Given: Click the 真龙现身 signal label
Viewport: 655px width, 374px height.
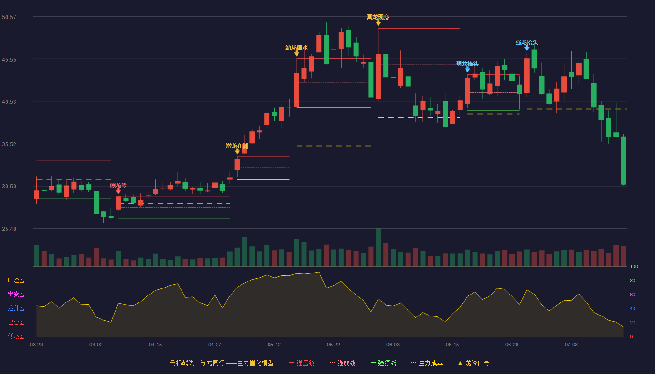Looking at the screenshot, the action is (x=378, y=17).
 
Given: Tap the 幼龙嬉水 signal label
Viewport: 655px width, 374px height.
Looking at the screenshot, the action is (x=297, y=48).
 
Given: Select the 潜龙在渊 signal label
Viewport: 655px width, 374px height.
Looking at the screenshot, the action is (x=237, y=146).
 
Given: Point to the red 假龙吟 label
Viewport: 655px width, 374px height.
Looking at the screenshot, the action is (x=118, y=186).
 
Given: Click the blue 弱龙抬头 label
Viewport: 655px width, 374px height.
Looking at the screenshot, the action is (x=467, y=64).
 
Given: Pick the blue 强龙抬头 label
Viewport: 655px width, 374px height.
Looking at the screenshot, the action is (x=527, y=43).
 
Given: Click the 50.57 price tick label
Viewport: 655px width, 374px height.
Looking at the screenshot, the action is (x=9, y=17).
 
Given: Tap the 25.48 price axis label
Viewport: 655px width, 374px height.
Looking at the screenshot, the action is (x=9, y=229).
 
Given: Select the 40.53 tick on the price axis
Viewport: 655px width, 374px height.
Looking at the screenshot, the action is (x=9, y=102).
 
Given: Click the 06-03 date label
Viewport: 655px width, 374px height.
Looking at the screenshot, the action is (x=393, y=345).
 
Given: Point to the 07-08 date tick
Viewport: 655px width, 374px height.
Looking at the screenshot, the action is (x=571, y=345).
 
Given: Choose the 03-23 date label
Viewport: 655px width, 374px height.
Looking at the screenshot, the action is (x=36, y=345).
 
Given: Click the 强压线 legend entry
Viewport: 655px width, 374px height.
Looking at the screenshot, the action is (x=302, y=363).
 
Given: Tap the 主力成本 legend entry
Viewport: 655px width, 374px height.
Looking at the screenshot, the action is (x=427, y=363).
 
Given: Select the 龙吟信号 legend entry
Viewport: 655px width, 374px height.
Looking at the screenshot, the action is (x=473, y=363).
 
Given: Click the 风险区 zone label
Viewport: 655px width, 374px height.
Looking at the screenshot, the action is (x=16, y=280).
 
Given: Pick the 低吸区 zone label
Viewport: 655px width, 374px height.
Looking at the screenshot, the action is (x=16, y=336).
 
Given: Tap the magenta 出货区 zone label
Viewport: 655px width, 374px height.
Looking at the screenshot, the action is (x=16, y=294).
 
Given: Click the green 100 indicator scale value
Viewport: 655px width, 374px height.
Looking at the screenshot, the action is (x=634, y=266).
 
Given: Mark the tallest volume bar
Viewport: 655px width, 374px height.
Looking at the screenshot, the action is (x=378, y=247).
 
